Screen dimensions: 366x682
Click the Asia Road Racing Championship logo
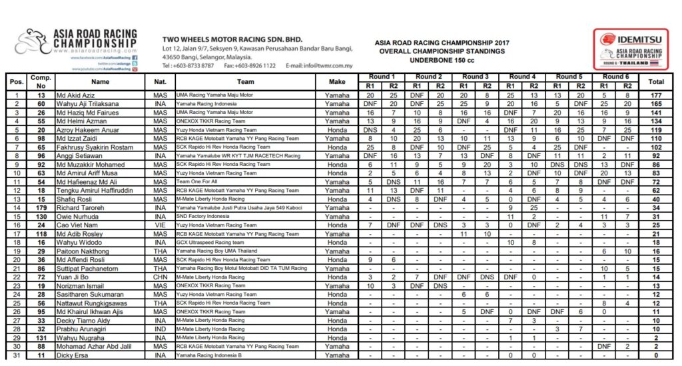(x=76, y=41)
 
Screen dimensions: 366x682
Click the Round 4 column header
(x=522, y=77)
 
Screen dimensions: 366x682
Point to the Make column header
(x=336, y=81)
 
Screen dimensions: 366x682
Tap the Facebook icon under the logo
(x=135, y=59)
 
